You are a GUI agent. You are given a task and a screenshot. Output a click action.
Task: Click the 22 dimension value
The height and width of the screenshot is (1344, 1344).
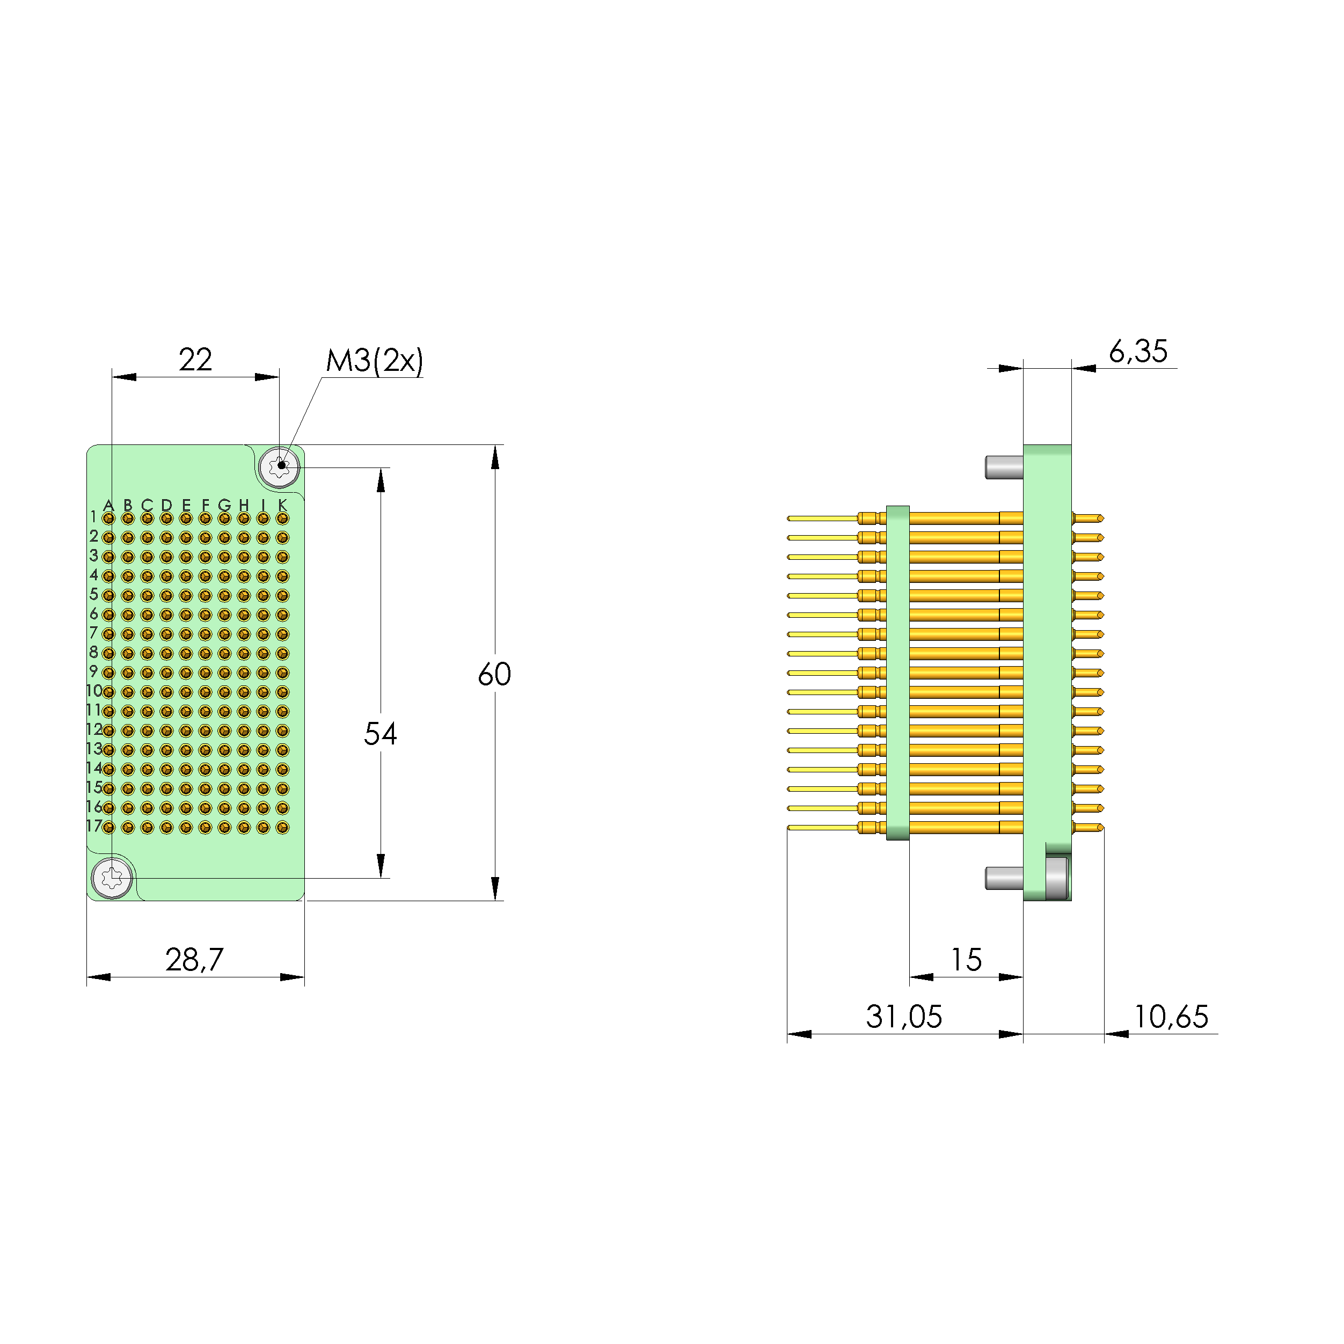point(195,360)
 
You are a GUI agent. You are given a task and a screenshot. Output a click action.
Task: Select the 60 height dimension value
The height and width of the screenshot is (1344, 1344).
point(495,674)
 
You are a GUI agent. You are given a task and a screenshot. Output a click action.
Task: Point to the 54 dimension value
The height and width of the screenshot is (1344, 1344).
point(380,734)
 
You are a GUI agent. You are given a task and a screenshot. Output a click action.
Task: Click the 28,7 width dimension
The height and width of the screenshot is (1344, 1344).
point(194,960)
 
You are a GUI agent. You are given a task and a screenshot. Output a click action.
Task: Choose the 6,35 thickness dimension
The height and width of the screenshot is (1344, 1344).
point(1137,352)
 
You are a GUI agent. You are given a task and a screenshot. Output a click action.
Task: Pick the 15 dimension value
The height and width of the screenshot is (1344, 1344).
point(966,960)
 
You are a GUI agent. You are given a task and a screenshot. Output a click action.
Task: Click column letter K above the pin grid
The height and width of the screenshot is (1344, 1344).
point(282,505)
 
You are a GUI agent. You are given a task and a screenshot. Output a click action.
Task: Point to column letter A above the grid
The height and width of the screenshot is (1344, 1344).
point(108,505)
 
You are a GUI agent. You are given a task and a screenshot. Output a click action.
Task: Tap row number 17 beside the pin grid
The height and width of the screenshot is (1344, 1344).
point(94,826)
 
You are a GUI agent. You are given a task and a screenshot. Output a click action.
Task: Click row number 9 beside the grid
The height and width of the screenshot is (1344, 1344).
point(94,671)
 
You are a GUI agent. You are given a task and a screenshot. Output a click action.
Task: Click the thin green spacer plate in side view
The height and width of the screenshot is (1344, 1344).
point(898,673)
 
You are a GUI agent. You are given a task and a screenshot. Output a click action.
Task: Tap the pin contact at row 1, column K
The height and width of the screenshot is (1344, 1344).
point(282,518)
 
